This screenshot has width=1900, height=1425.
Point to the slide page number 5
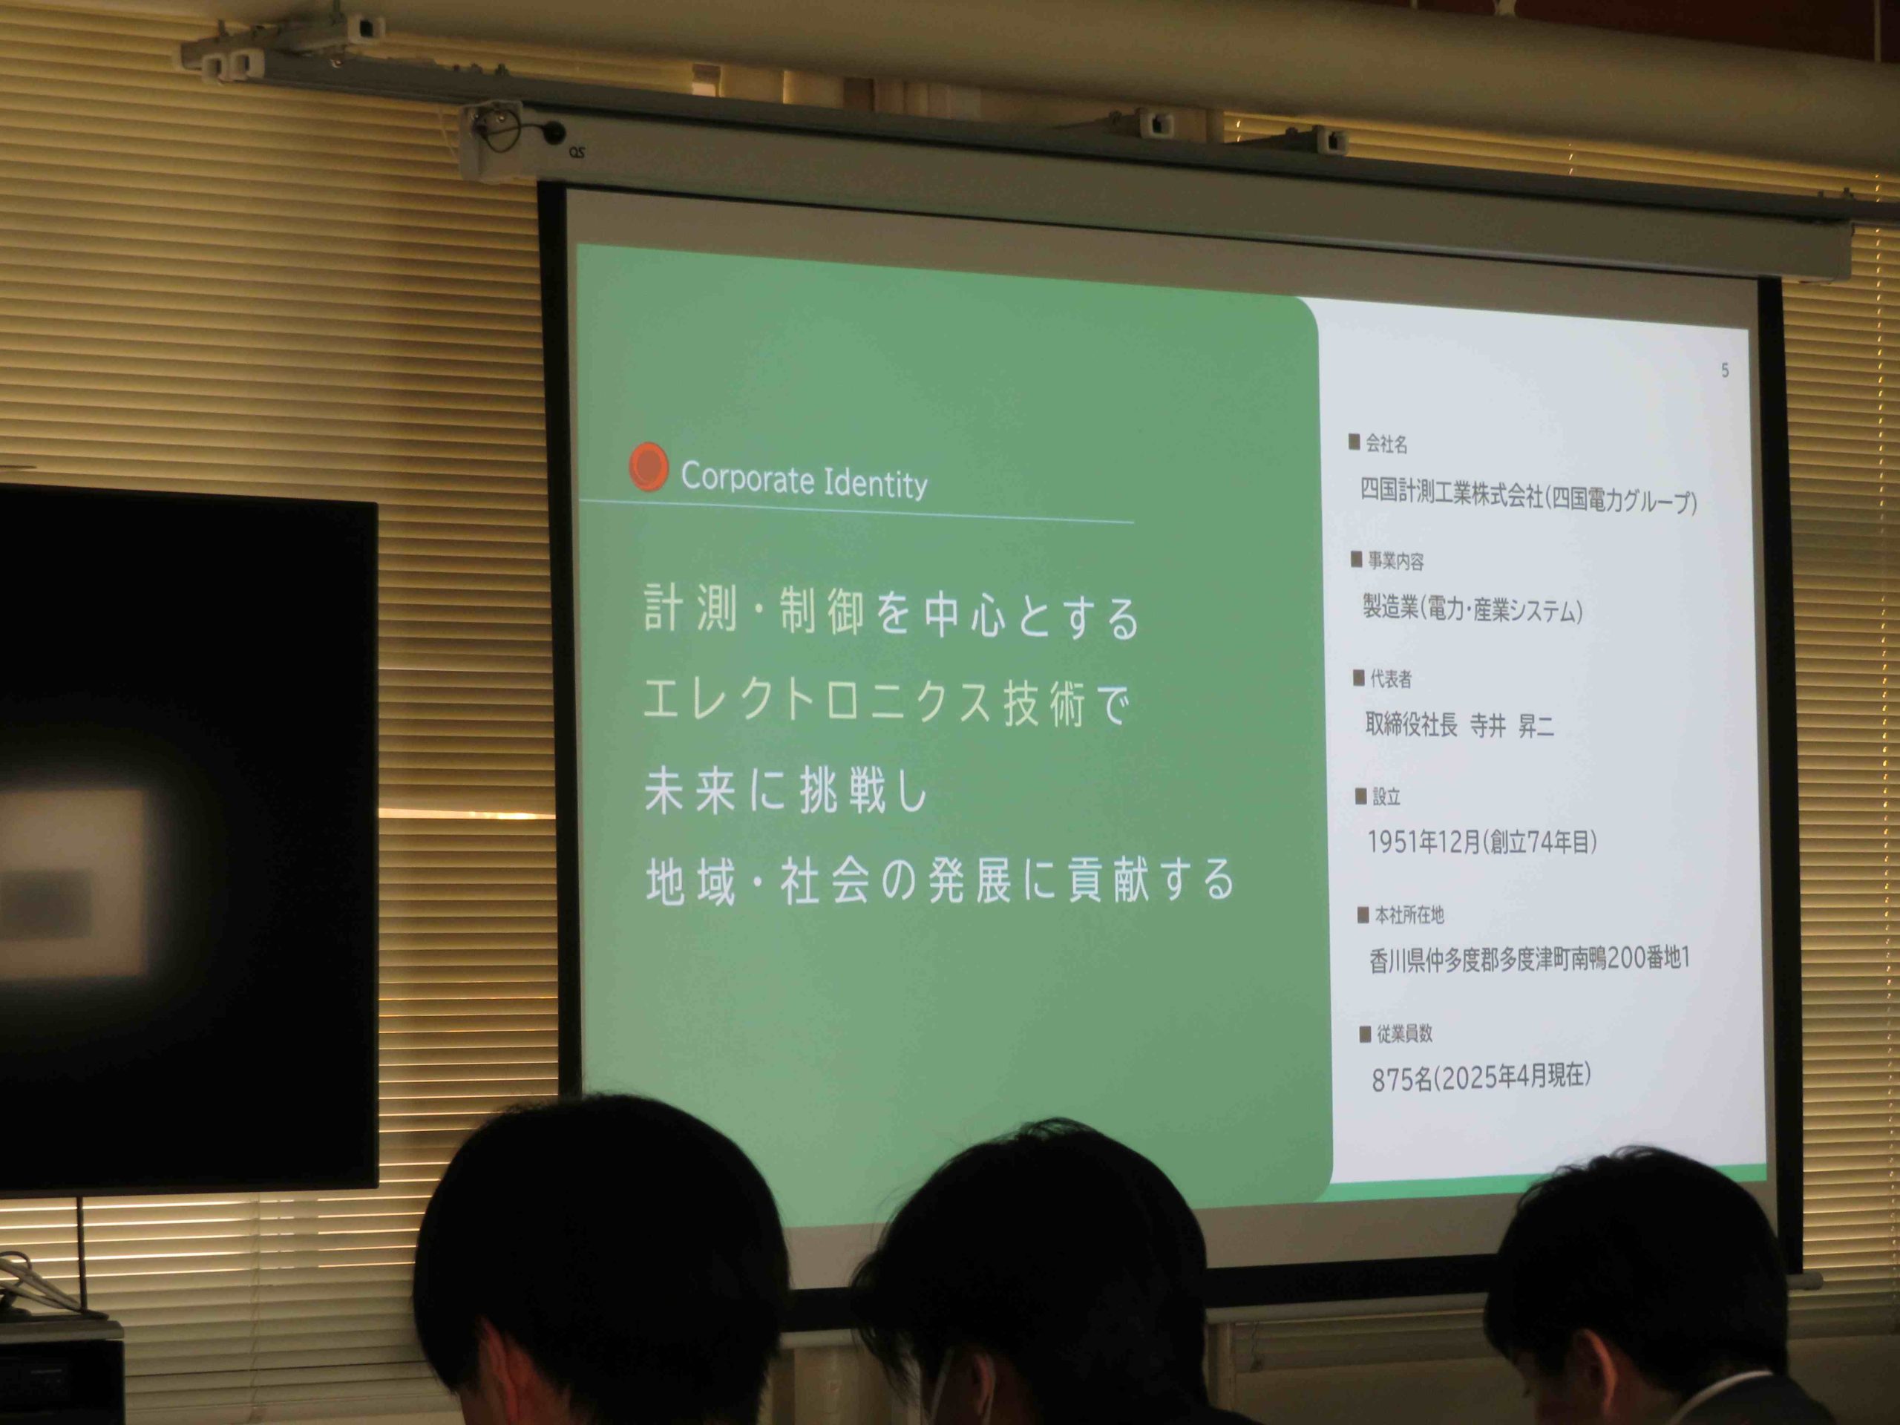(1725, 370)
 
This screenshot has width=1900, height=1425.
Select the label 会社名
(1386, 444)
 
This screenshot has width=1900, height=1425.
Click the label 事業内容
(1396, 561)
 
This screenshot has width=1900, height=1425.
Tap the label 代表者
(1391, 678)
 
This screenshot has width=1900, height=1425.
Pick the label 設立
(1386, 796)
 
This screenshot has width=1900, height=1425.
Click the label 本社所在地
(1409, 915)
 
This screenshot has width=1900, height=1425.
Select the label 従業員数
(1405, 1033)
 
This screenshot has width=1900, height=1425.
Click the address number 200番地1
(1648, 957)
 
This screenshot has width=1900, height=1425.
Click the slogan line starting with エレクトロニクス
(885, 703)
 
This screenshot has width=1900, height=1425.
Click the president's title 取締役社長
(1411, 725)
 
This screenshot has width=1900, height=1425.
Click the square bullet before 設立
(1360, 796)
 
